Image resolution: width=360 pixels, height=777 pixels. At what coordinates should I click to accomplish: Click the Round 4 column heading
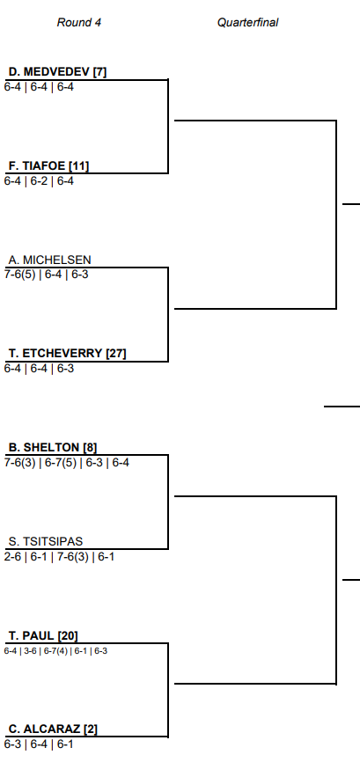pyautogui.click(x=79, y=22)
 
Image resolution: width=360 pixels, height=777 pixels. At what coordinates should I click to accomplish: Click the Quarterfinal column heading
pyautogui.click(x=247, y=22)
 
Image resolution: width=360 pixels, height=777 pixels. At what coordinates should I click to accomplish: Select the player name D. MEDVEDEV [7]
pyautogui.click(x=57, y=72)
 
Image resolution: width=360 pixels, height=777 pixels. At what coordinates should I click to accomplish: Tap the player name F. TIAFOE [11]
pyautogui.click(x=48, y=165)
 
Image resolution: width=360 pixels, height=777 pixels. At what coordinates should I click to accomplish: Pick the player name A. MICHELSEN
pyautogui.click(x=49, y=260)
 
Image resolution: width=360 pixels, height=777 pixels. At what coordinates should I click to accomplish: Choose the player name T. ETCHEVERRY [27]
pyautogui.click(x=68, y=354)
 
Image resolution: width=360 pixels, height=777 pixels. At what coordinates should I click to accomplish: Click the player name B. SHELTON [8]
pyautogui.click(x=53, y=448)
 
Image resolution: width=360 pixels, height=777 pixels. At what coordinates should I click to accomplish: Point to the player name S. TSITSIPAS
pyautogui.click(x=46, y=541)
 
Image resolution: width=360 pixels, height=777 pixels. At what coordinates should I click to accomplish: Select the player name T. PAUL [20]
pyautogui.click(x=43, y=635)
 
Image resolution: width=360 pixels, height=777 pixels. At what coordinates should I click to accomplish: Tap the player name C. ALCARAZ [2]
pyautogui.click(x=53, y=729)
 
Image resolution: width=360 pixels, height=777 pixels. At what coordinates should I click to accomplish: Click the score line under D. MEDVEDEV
pyautogui.click(x=39, y=87)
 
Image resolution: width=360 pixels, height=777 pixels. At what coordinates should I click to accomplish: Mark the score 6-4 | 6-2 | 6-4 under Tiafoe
pyautogui.click(x=39, y=181)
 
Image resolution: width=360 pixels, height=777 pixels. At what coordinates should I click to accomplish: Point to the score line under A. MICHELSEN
pyautogui.click(x=46, y=274)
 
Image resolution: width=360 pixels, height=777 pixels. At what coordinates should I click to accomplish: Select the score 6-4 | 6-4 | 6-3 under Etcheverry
pyautogui.click(x=39, y=368)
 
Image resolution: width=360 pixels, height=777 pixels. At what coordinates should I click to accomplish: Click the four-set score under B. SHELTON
pyautogui.click(x=66, y=462)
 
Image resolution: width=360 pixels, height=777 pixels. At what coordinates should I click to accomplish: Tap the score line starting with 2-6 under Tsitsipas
pyautogui.click(x=59, y=556)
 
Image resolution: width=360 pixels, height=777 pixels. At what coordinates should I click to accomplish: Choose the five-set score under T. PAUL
pyautogui.click(x=55, y=650)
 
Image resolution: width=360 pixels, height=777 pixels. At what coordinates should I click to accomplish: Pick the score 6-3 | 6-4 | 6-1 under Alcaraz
pyautogui.click(x=39, y=744)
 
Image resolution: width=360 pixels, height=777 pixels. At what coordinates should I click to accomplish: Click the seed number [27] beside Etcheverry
pyautogui.click(x=116, y=354)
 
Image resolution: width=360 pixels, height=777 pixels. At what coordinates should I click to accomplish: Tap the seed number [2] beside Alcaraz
pyautogui.click(x=91, y=729)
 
